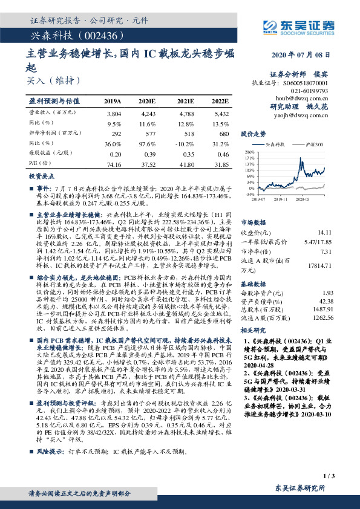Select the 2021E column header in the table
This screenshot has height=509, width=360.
coord(185,101)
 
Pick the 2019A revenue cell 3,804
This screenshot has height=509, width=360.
coord(114,113)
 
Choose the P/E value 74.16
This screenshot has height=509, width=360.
coord(114,164)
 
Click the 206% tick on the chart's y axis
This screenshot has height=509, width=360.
coord(249,153)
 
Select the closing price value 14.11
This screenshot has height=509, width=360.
coord(325,232)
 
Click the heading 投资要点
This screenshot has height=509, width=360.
coord(42,176)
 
